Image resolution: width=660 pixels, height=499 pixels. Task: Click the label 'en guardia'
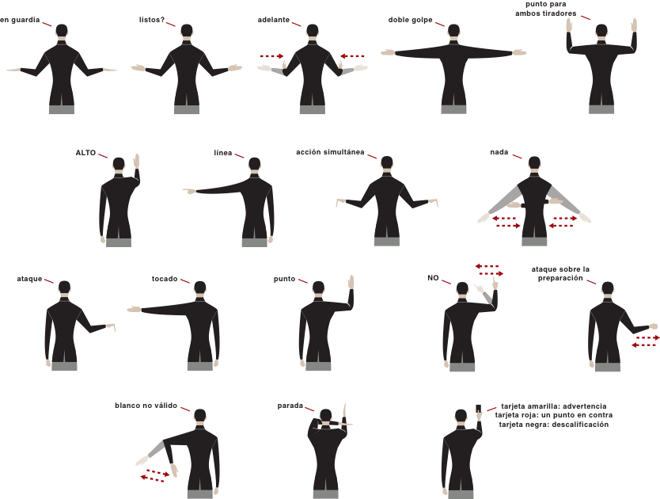(x=20, y=20)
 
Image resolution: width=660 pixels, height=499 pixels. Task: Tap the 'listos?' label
(x=152, y=20)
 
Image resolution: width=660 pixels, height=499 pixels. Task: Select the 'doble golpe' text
(x=410, y=20)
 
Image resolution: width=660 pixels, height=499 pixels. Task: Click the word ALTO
(x=85, y=153)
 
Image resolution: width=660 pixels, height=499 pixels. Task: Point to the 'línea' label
(x=222, y=153)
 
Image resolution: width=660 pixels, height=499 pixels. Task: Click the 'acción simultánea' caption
(x=330, y=152)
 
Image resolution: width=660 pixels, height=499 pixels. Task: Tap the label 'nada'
(x=499, y=152)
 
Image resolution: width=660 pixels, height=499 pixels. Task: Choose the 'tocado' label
(x=165, y=279)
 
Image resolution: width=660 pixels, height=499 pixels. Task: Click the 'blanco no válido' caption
(x=146, y=406)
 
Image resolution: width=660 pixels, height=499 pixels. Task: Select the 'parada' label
(x=290, y=406)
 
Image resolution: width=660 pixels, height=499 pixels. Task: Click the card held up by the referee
(x=479, y=409)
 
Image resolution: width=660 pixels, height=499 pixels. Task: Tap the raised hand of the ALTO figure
(x=136, y=162)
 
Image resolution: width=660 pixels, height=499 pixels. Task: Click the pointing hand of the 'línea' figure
(x=189, y=192)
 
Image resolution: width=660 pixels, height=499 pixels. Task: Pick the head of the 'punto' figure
(x=319, y=288)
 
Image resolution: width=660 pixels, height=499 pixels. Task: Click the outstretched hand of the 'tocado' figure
(x=135, y=310)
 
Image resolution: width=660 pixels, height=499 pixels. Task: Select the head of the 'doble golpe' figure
(x=453, y=31)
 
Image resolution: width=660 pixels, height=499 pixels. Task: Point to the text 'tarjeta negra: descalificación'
(x=553, y=425)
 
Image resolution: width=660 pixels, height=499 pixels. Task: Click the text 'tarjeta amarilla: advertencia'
(x=553, y=406)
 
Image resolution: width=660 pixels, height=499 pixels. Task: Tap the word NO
(x=433, y=278)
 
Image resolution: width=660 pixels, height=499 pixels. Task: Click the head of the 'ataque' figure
(x=64, y=288)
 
